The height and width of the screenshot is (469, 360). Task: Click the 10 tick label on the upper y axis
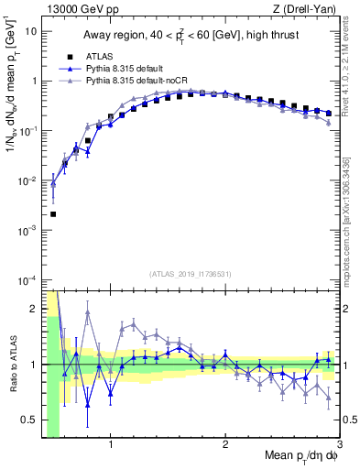pos(30,31)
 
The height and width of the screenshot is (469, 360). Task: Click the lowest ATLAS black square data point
pos(53,214)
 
